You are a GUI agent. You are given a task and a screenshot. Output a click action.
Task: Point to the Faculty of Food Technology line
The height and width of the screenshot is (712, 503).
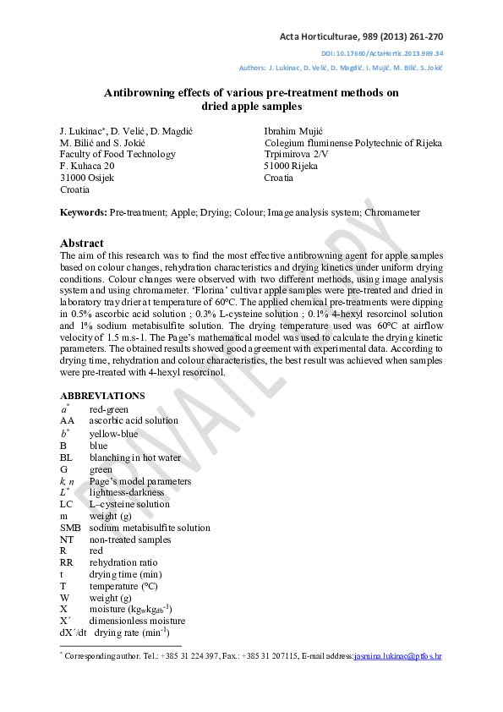click(118, 155)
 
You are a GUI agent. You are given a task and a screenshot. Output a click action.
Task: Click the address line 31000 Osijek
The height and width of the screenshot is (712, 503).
click(87, 178)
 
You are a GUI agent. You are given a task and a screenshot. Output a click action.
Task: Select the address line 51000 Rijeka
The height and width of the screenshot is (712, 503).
click(291, 167)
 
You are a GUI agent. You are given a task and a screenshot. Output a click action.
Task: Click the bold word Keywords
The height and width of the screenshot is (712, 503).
click(83, 212)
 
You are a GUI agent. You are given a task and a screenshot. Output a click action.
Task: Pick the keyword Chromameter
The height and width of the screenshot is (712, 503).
click(392, 212)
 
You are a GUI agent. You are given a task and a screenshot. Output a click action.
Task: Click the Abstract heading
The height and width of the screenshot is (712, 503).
click(82, 243)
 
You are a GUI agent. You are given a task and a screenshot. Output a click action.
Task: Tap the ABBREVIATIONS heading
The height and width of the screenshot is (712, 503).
click(102, 396)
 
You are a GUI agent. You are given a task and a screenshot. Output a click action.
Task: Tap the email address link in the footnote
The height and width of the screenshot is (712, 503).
click(397, 655)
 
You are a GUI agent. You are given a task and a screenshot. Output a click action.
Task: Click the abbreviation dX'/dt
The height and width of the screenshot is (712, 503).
click(74, 632)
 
